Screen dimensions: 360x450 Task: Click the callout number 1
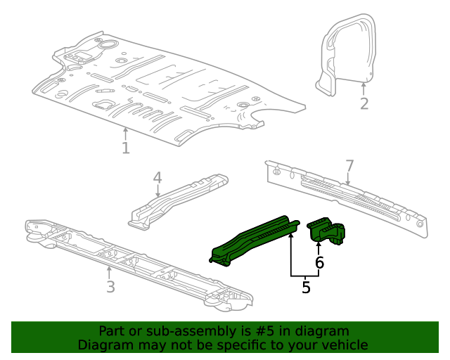click(x=125, y=148)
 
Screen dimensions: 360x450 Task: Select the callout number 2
click(x=364, y=104)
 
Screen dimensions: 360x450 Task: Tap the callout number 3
click(x=110, y=287)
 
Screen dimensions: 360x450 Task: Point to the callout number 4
click(x=157, y=177)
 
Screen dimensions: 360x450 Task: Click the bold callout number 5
click(x=306, y=287)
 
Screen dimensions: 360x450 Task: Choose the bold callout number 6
click(x=319, y=263)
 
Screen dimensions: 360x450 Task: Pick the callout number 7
click(x=349, y=166)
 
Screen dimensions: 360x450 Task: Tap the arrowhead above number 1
click(x=125, y=129)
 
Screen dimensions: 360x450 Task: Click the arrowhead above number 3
click(x=108, y=268)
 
